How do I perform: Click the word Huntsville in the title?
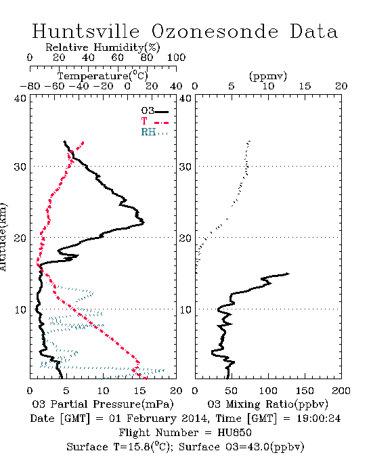coord(86,31)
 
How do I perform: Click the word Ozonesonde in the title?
coord(215,31)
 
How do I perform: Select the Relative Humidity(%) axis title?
coord(103,47)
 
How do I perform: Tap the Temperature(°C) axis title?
coord(103,76)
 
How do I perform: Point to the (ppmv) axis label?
coord(268,76)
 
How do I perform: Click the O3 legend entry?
coord(154,111)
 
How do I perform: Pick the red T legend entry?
coord(154,122)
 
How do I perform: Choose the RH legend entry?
coord(154,133)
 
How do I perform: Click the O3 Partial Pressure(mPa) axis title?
coord(103,404)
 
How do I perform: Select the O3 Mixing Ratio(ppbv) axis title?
coord(267,404)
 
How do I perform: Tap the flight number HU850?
coord(235,433)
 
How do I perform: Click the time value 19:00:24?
coord(318,418)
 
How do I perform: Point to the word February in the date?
coord(152,418)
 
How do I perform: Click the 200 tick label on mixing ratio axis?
coord(341,391)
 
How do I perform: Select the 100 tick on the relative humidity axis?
coord(176,58)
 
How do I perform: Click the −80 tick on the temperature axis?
coord(30,86)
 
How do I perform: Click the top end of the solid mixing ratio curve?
coord(289,274)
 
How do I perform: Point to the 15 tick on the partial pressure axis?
coord(139,391)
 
